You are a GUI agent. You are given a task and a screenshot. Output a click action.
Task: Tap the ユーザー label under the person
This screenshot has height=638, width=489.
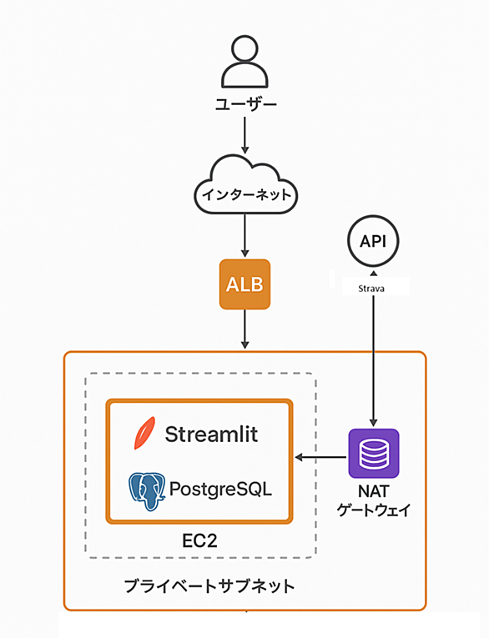[245, 104]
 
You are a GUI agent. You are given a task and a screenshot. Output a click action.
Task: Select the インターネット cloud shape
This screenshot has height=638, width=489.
[245, 184]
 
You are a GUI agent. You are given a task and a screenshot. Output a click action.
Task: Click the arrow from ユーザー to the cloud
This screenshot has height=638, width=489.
[244, 135]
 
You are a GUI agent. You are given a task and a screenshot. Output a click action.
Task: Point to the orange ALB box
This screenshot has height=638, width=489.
[244, 284]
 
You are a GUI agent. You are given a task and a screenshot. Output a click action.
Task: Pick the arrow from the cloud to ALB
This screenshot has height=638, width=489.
[244, 235]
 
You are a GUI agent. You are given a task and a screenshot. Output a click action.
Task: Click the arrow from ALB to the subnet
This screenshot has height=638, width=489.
[244, 329]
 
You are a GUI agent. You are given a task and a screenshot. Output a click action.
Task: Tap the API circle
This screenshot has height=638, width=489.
[373, 241]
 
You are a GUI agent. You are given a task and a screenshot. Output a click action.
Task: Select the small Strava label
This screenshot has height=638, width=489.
[371, 289]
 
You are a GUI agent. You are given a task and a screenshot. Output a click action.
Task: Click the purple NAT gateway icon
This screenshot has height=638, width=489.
[374, 454]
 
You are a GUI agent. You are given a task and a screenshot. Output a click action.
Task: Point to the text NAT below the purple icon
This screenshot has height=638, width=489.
[373, 491]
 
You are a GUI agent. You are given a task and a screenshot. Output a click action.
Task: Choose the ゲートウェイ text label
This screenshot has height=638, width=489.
[373, 510]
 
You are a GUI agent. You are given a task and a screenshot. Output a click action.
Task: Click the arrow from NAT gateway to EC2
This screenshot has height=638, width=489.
[320, 457]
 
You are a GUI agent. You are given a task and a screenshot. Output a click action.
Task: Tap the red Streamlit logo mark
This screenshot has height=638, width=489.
[144, 433]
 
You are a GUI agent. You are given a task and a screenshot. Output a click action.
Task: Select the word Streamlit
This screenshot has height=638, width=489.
[211, 435]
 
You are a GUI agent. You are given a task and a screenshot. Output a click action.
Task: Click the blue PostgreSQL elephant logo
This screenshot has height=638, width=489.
[147, 491]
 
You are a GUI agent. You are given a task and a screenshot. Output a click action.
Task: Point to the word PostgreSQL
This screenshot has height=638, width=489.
[220, 489]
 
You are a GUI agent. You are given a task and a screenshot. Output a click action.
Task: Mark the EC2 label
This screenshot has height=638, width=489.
[199, 540]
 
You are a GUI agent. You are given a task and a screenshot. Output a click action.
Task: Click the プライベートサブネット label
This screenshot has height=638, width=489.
[209, 586]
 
